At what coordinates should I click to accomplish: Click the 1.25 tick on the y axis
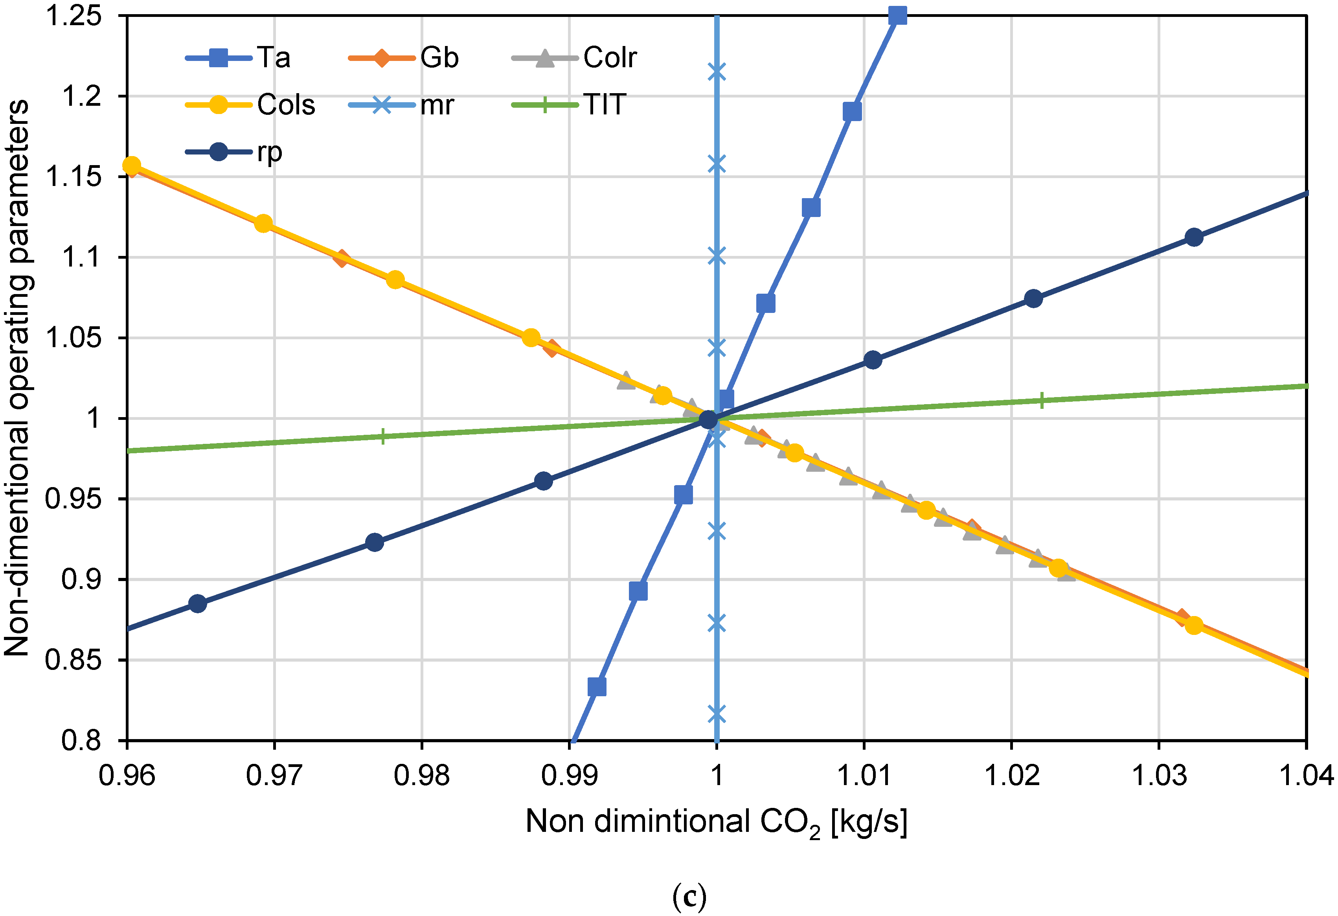[x=73, y=16]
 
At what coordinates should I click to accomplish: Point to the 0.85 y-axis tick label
[x=73, y=660]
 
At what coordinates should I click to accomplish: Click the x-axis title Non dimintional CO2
[x=716, y=822]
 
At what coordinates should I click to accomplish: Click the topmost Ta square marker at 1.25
[x=897, y=16]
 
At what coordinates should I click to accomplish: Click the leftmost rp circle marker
[x=197, y=604]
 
